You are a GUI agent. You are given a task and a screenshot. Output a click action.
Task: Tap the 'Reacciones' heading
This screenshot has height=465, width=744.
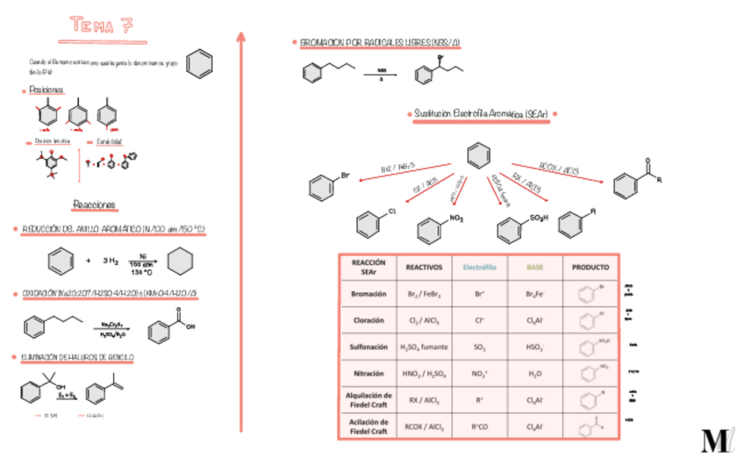pyautogui.click(x=94, y=204)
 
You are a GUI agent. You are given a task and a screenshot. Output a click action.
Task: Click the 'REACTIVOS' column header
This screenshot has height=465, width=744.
pyautogui.click(x=425, y=267)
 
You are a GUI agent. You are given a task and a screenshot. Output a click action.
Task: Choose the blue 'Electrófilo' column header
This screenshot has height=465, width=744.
pyautogui.click(x=479, y=267)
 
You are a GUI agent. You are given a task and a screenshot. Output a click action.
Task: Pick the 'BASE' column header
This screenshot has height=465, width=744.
pyautogui.click(x=534, y=267)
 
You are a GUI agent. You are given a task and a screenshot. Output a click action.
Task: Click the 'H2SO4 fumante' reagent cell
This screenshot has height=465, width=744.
pyautogui.click(x=425, y=347)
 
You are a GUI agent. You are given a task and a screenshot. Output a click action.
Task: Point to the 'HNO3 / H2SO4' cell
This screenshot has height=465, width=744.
pyautogui.click(x=425, y=374)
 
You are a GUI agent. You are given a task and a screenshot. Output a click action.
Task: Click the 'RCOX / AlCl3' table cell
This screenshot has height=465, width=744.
pyautogui.click(x=425, y=427)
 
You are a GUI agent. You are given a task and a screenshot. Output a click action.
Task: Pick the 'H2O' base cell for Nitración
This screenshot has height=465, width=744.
pyautogui.click(x=534, y=374)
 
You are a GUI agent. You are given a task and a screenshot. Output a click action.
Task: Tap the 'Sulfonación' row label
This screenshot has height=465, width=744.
pyautogui.click(x=368, y=347)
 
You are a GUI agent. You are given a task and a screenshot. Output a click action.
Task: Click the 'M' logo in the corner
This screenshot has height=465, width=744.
pyautogui.click(x=714, y=439)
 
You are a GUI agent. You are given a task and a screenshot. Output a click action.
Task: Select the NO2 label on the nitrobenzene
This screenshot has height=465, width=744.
pyautogui.click(x=455, y=217)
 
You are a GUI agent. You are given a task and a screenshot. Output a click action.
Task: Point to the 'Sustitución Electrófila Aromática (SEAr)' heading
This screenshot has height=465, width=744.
pyautogui.click(x=481, y=114)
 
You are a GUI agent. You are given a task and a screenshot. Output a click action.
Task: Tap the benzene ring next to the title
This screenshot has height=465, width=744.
pyautogui.click(x=200, y=64)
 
